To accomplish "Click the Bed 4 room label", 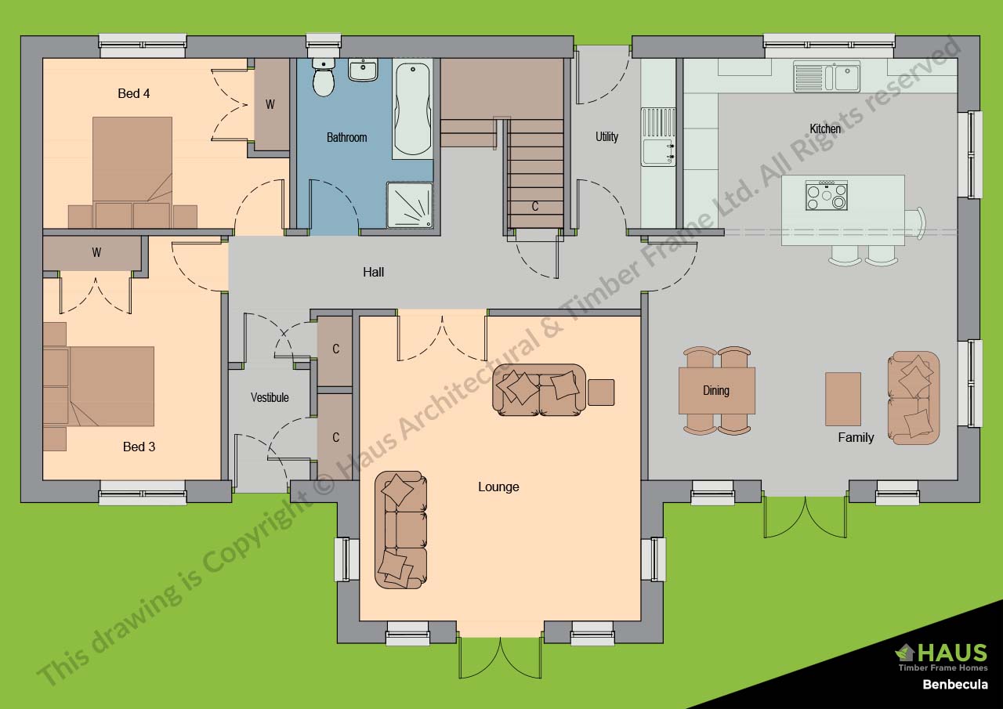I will pyautogui.click(x=134, y=94).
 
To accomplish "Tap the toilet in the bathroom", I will pyautogui.click(x=324, y=77).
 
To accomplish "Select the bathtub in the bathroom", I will pyautogui.click(x=412, y=110).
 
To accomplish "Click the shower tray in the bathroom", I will pyautogui.click(x=409, y=205).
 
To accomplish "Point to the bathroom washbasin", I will pyautogui.click(x=363, y=70).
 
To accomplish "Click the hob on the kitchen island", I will pyautogui.click(x=827, y=196).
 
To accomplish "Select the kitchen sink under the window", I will pyautogui.click(x=826, y=77).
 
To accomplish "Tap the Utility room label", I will pyautogui.click(x=607, y=136).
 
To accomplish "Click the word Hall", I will pyautogui.click(x=373, y=273).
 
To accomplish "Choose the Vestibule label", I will pyautogui.click(x=270, y=397).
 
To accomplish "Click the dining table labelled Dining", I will pyautogui.click(x=716, y=390).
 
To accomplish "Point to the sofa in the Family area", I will pyautogui.click(x=913, y=397).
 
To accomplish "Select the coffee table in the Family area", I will pyautogui.click(x=843, y=399).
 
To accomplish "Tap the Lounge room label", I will pyautogui.click(x=498, y=487).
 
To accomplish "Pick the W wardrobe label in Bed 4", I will pyautogui.click(x=270, y=104).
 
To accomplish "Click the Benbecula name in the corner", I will pyautogui.click(x=954, y=685).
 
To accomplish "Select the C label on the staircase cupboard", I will pyautogui.click(x=535, y=207).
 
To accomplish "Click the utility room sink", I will pyautogui.click(x=658, y=136).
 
